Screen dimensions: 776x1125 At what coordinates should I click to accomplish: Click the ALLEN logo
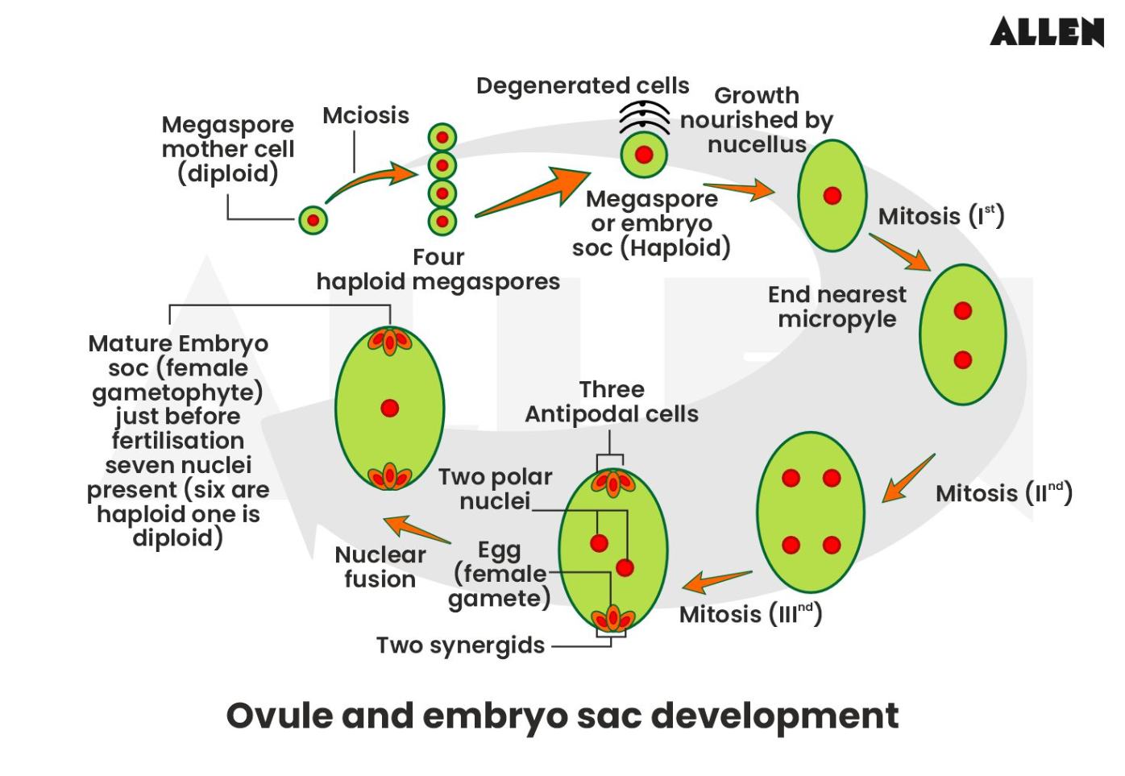click(x=1046, y=32)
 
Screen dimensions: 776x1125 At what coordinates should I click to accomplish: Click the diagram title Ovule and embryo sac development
click(x=562, y=716)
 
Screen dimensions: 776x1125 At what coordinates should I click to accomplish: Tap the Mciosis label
click(x=366, y=115)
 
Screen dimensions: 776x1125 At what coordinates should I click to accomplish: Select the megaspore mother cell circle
click(x=313, y=220)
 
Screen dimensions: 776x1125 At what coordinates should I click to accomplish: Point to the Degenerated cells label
click(x=582, y=85)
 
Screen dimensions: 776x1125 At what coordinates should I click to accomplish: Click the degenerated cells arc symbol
click(x=644, y=118)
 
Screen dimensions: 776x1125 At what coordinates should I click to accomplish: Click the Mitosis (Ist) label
click(x=940, y=216)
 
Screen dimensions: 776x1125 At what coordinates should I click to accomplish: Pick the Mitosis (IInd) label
click(x=1003, y=492)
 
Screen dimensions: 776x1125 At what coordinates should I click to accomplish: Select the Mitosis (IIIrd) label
click(x=750, y=614)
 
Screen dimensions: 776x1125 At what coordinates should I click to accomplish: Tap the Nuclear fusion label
click(x=380, y=566)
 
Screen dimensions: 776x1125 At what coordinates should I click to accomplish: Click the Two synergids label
click(x=460, y=645)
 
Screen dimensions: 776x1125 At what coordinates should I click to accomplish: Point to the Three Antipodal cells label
click(x=612, y=401)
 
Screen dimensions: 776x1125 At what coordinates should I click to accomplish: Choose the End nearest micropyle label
click(x=836, y=306)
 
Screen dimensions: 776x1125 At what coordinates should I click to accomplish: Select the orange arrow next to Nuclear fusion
click(x=417, y=529)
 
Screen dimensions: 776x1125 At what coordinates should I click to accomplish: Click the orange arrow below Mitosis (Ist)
click(x=899, y=252)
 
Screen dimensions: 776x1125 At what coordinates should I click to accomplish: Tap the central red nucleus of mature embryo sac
click(x=390, y=408)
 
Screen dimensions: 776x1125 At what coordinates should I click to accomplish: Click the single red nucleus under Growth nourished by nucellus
click(x=832, y=195)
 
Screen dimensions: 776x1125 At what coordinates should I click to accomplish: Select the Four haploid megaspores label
click(x=438, y=269)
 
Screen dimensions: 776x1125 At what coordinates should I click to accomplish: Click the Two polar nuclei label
click(x=495, y=489)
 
